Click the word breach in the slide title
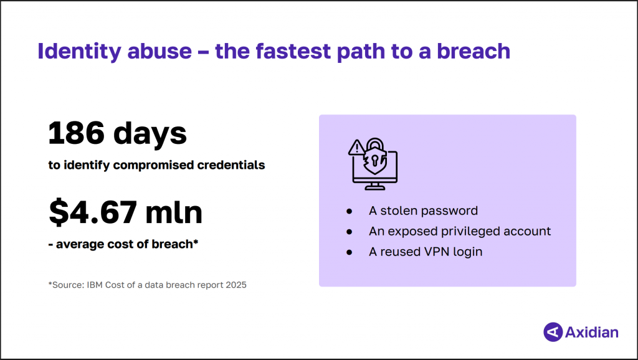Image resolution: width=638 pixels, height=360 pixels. [474, 51]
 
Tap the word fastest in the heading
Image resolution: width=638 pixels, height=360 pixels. [293, 51]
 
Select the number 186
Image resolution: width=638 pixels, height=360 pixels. [76, 133]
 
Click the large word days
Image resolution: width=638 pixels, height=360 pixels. [150, 134]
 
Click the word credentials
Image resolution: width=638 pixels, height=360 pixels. [231, 165]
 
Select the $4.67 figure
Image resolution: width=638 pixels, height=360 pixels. [93, 212]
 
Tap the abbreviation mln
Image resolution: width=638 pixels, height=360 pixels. [174, 212]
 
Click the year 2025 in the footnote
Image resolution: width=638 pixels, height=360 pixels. [236, 285]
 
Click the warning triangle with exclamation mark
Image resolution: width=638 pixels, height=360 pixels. [356, 148]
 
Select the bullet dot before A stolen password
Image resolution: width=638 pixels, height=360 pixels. [349, 211]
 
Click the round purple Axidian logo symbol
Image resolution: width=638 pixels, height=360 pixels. [553, 332]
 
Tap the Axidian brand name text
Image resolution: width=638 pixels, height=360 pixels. [592, 333]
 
